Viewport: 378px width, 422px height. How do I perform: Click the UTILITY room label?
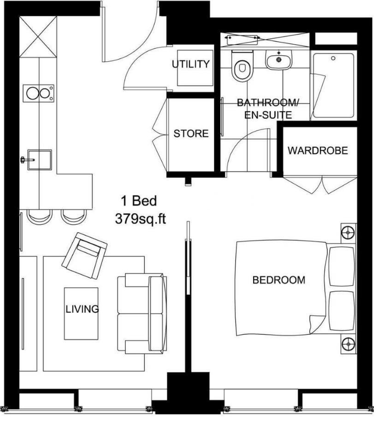(191, 64)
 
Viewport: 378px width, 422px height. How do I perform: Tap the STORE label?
(191, 134)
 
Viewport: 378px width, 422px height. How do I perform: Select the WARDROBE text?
(318, 151)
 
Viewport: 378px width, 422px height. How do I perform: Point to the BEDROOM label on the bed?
(279, 280)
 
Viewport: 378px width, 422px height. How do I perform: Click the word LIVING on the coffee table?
(82, 309)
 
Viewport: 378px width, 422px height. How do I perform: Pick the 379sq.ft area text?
(140, 219)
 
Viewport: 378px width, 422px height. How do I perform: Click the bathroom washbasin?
(278, 60)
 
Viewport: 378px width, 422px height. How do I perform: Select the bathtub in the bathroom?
(333, 86)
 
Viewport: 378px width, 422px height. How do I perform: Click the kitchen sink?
(40, 159)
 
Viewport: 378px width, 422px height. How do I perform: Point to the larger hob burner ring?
(33, 93)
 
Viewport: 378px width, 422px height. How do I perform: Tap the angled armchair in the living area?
(84, 255)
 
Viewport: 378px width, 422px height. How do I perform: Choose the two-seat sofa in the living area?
(142, 313)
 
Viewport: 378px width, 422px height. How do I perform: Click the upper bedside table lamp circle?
(348, 233)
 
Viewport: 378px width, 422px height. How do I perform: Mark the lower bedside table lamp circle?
(348, 344)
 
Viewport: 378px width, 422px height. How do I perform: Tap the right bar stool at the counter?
(73, 216)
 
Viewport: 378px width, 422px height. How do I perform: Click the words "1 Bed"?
(139, 201)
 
